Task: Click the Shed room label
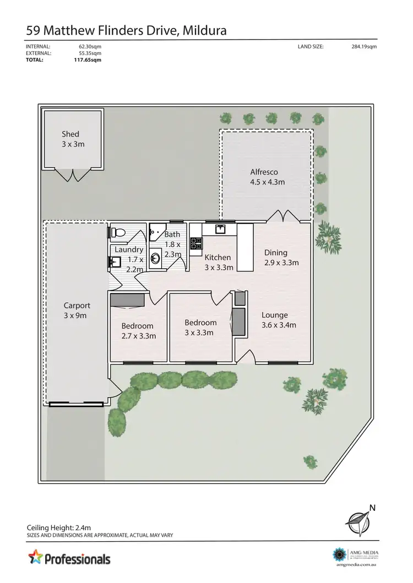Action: (x=70, y=139)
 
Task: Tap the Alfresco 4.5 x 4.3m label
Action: (x=268, y=177)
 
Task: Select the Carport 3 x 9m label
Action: (x=77, y=310)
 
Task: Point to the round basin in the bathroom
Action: (x=156, y=257)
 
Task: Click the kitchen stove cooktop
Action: (x=196, y=243)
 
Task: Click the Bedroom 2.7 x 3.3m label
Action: (x=138, y=330)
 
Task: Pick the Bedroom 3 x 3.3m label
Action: (x=200, y=327)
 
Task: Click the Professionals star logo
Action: (x=36, y=558)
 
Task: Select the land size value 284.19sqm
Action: (x=364, y=47)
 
